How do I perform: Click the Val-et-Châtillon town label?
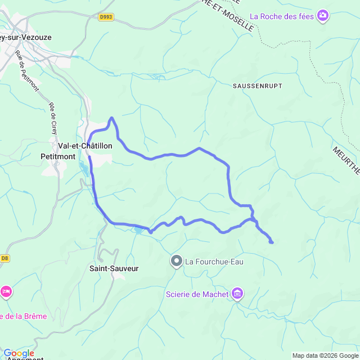85,146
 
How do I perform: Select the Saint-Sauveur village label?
114,268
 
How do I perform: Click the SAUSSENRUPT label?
257,85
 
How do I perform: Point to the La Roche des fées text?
281,16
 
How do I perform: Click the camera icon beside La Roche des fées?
323,16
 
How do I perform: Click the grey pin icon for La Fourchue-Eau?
177,260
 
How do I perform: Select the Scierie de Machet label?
197,294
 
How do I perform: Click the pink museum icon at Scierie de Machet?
238,294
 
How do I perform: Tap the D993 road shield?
105,17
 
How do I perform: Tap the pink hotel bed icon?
6,292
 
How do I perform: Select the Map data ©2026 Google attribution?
325,355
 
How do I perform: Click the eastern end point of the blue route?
272,242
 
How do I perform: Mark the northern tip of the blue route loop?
112,118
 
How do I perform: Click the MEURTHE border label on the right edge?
346,161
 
